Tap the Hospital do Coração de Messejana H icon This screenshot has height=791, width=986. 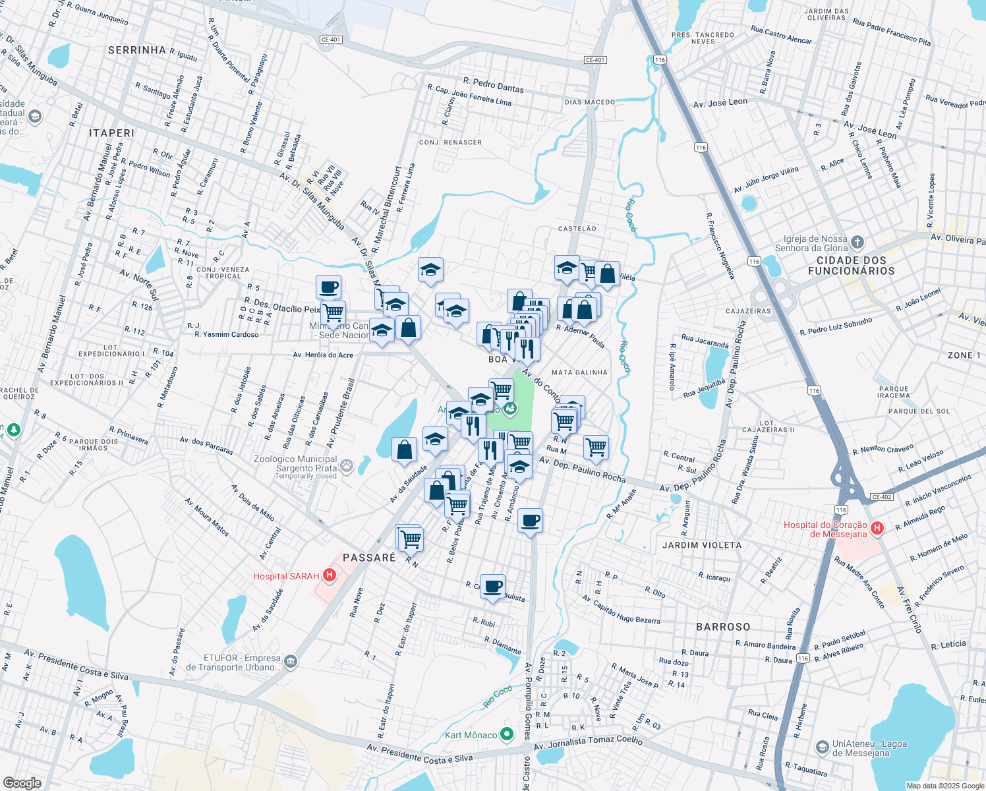pos(877,528)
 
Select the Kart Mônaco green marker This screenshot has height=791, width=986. pos(506,734)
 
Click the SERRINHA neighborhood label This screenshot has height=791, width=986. pos(137,50)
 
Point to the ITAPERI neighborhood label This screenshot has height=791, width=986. pos(111,133)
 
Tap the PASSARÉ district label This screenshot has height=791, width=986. pos(369,558)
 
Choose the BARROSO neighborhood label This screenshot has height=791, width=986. pos(723,627)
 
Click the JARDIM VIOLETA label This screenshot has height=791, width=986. pos(702,545)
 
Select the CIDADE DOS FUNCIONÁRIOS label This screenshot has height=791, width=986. pos(852,266)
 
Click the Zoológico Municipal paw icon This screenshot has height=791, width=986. pos(347,466)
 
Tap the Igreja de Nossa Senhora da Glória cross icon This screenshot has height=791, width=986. pos(857,243)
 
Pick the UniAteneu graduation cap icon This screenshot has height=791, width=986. pos(823,747)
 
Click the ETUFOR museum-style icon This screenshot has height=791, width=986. pos(291,661)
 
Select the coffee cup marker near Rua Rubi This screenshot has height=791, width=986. pos(492,586)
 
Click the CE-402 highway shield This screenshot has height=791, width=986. pos(881,497)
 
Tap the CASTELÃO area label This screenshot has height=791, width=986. pos(577,229)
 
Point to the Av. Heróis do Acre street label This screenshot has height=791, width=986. pos(323,355)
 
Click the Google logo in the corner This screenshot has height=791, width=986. pos(22,782)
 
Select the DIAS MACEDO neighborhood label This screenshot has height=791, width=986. pos(589,102)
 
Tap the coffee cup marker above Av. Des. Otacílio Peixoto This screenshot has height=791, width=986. pos(328,287)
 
